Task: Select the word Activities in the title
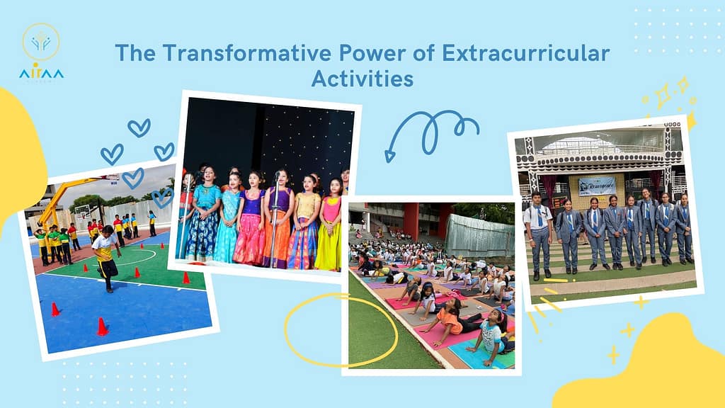tap(362, 78)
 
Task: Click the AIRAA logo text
tap(42, 74)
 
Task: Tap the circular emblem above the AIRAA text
tap(41, 41)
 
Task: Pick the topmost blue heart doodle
tap(139, 127)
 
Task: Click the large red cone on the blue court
tap(102, 327)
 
